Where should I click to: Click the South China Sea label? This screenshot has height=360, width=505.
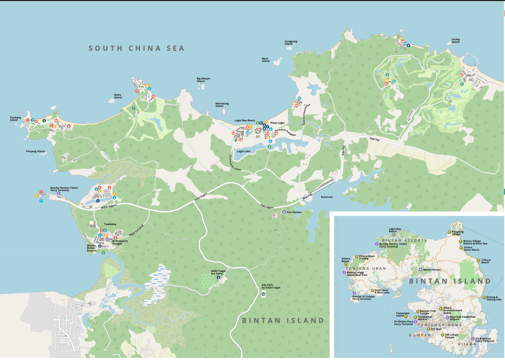pos(137,48)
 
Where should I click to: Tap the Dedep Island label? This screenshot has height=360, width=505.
pos(455,41)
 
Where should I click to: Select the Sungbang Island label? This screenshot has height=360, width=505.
pos(291,42)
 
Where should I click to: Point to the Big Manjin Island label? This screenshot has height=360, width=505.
pos(203,80)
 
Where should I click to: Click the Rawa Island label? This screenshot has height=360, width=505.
pos(118,96)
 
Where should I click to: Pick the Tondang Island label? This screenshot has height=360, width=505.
pos(15,119)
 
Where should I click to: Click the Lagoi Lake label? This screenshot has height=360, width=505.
pos(244,151)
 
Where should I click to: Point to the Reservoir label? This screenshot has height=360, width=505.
pos(327,197)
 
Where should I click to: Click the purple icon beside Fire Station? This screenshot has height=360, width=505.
pos(284,212)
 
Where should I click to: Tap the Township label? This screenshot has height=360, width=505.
pos(110,224)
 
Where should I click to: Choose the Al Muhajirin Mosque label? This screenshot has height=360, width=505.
pos(120,242)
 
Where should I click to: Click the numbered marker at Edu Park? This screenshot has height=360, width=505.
pos(263,294)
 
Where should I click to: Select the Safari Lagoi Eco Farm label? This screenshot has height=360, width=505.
pos(218,272)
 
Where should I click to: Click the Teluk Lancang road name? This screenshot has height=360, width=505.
pos(136,230)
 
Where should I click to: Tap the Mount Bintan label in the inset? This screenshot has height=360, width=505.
pos(432,270)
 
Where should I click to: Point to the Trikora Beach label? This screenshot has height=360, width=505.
pos(486,261)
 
